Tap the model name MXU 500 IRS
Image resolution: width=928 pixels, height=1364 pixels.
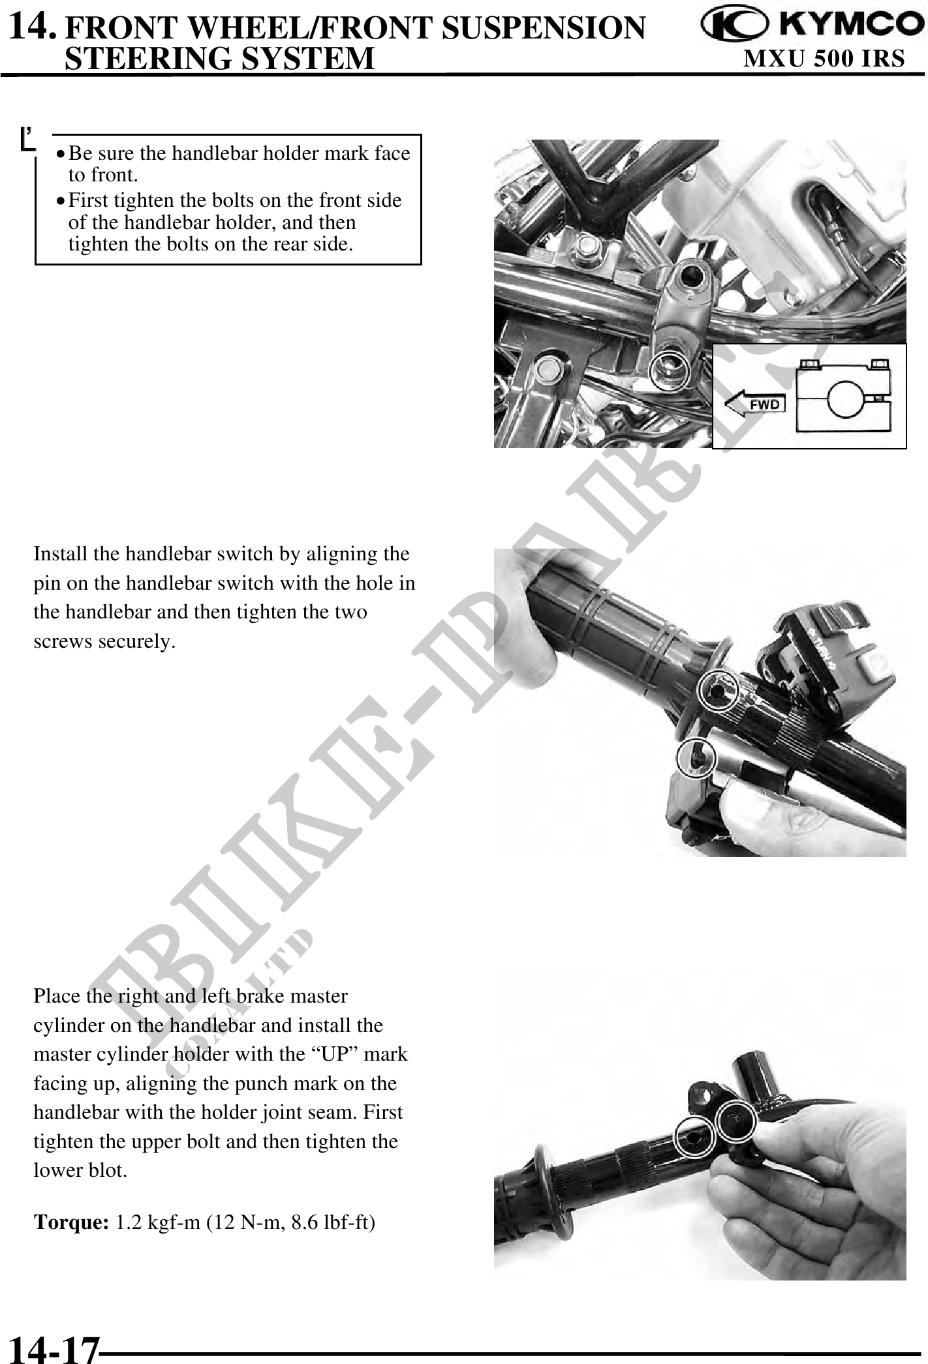pos(825,59)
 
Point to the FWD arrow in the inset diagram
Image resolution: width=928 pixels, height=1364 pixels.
pos(754,404)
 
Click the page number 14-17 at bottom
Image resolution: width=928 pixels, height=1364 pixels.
pos(54,1348)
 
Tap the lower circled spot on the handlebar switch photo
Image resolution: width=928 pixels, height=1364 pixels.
pos(698,759)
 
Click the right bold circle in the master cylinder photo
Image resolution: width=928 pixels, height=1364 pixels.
pos(735,1121)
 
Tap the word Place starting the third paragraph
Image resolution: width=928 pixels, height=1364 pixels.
pos(56,997)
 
